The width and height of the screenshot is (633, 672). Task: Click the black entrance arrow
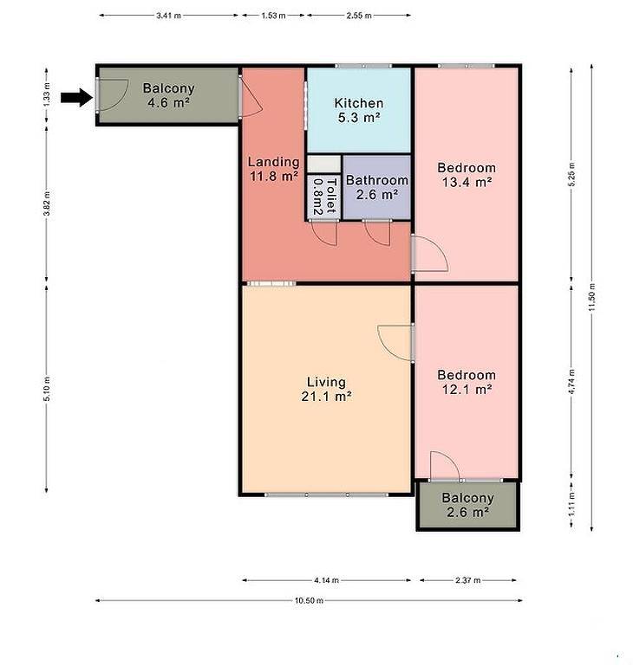[76, 98]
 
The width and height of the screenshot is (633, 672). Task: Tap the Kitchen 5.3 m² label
[359, 110]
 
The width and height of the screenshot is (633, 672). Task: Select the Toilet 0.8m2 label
[324, 197]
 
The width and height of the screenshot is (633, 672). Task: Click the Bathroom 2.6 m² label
[377, 187]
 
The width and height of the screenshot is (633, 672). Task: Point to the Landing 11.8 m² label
[274, 169]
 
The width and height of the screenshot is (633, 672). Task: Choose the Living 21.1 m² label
[327, 389]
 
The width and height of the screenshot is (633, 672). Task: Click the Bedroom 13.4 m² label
[467, 175]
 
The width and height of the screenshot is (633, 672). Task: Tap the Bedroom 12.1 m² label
[467, 382]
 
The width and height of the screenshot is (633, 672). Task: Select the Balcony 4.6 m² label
[169, 95]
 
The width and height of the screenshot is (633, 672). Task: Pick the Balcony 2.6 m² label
[467, 505]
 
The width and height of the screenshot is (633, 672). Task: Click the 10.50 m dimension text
[309, 600]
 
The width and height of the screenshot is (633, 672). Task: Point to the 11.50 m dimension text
[591, 297]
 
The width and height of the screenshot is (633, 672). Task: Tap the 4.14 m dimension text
[327, 580]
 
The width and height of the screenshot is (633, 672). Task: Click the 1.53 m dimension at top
[273, 16]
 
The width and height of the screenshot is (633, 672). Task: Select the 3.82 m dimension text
[47, 205]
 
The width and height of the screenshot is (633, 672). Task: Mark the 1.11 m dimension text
[571, 503]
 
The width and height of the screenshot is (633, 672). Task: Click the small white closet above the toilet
[324, 165]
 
